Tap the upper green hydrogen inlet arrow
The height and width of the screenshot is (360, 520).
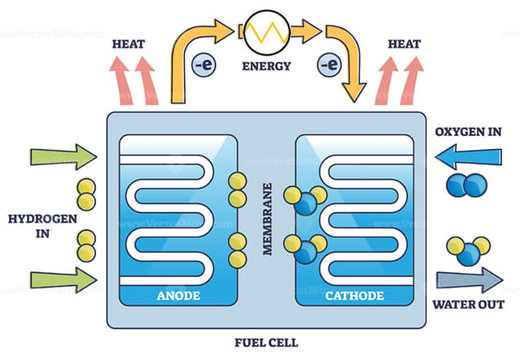coord(62,155)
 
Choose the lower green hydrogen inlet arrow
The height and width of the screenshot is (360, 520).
coord(62,282)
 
